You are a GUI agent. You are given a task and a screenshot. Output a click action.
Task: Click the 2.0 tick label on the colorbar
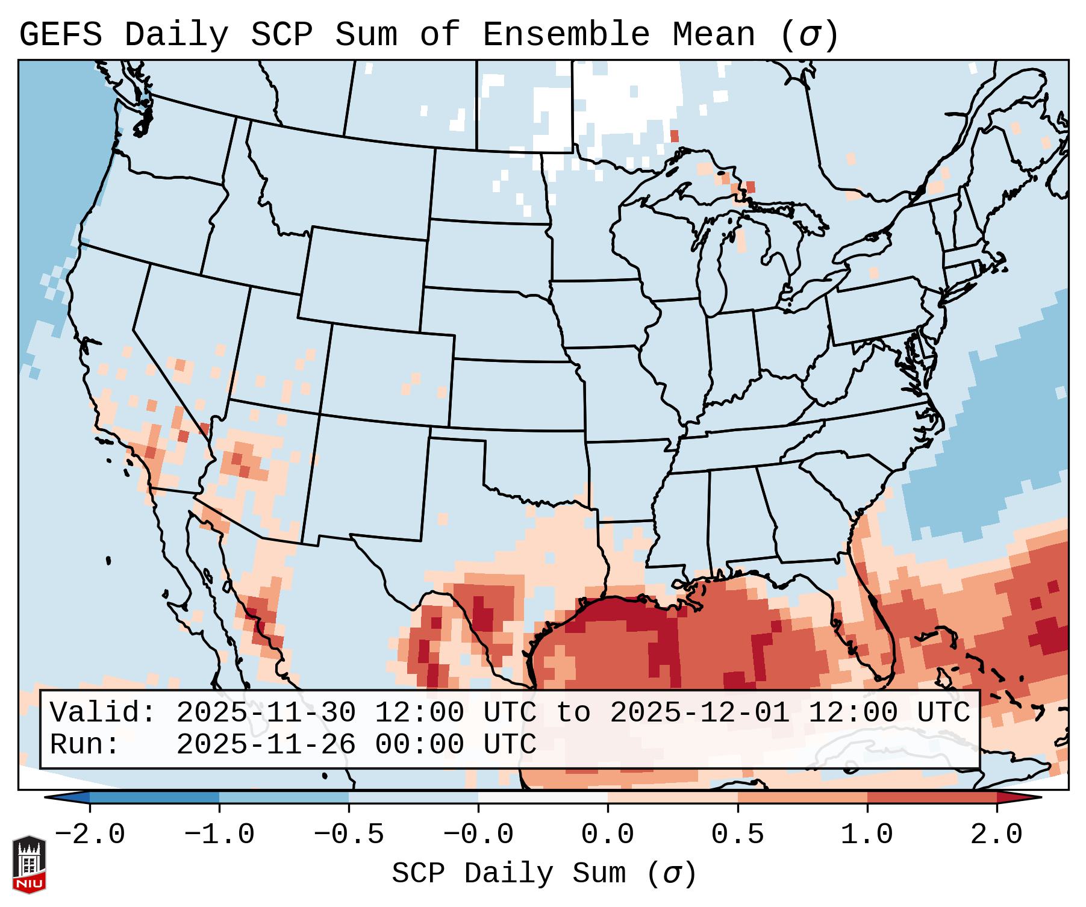[996, 835]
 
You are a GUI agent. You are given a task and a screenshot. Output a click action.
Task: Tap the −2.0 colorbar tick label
[90, 835]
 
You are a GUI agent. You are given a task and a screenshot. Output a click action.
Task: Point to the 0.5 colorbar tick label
[737, 835]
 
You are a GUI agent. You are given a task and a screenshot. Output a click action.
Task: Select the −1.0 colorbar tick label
[219, 835]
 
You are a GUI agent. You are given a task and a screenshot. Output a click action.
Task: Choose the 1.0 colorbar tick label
[867, 835]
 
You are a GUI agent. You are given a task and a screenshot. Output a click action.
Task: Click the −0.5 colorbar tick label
[349, 835]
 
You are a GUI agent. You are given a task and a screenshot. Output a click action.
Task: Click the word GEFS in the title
[60, 34]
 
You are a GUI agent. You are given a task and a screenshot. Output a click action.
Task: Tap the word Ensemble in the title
[566, 34]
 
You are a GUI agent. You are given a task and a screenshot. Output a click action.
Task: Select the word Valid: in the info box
[103, 712]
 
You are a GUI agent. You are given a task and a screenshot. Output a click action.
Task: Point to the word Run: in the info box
[85, 744]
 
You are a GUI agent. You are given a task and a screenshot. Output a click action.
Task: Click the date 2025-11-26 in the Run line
[266, 744]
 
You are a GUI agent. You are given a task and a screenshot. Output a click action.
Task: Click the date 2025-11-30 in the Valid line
[266, 712]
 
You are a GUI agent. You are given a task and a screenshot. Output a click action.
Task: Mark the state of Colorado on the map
[389, 373]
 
